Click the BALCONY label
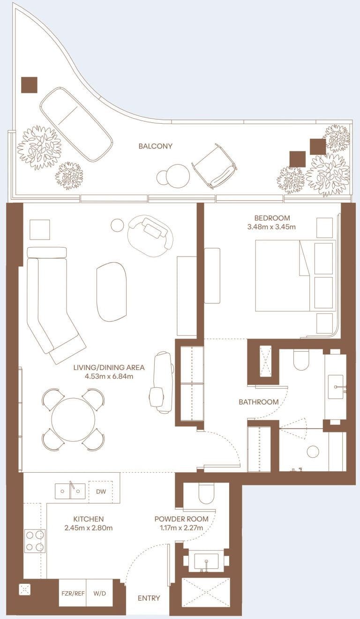coord(155,146)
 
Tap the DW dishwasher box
coord(101,491)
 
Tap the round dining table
coord(74,420)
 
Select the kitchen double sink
coord(70,491)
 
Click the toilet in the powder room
coord(206,493)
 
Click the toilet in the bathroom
coord(301,360)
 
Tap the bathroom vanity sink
coord(336,387)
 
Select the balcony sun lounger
coord(76,124)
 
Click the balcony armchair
coord(215,166)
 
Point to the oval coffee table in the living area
coord(112,292)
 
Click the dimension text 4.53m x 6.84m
coord(109,376)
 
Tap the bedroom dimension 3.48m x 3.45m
coord(271,227)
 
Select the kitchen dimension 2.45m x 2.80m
coord(89,528)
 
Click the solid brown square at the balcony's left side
coord(29,85)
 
